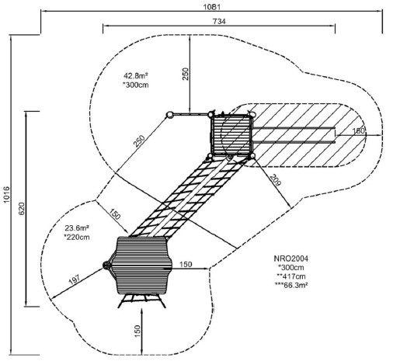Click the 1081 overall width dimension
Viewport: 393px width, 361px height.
click(211, 7)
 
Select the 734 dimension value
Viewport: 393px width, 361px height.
click(219, 21)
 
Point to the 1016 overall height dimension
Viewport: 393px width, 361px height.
click(6, 194)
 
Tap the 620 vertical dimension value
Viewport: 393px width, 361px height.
click(22, 209)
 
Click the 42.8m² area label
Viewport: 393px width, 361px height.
click(135, 76)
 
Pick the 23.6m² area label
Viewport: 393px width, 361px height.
click(77, 228)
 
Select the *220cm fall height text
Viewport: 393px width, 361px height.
click(77, 237)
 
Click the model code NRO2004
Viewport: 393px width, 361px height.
click(291, 259)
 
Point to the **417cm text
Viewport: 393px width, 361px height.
click(291, 276)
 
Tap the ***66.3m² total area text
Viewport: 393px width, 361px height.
click(291, 285)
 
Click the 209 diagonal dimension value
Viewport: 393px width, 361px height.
click(275, 180)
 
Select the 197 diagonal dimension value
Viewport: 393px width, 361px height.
click(75, 279)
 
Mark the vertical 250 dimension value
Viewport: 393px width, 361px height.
click(186, 74)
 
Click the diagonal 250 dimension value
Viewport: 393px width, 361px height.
click(139, 141)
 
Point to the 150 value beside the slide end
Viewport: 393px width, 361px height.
click(359, 130)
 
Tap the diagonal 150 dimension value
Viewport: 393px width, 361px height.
click(114, 214)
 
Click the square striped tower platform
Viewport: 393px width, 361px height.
click(231, 135)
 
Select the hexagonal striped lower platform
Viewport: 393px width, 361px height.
click(142, 266)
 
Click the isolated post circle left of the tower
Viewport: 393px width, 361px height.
click(169, 115)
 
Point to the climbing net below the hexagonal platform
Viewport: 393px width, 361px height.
click(142, 300)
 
